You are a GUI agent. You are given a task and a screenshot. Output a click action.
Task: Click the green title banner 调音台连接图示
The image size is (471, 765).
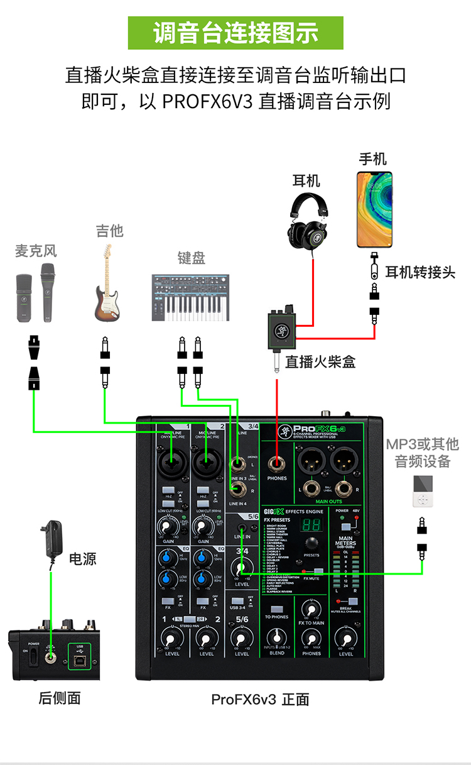pyautogui.click(x=235, y=33)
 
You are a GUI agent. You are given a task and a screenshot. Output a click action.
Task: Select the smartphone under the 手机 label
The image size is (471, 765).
pyautogui.click(x=374, y=209)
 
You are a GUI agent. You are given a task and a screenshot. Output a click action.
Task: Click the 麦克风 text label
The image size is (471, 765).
pyautogui.click(x=36, y=251)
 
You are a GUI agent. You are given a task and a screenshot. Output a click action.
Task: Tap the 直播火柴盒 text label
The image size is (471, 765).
pyautogui.click(x=320, y=362)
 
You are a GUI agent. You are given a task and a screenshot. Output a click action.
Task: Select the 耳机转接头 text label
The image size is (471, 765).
pyautogui.click(x=420, y=272)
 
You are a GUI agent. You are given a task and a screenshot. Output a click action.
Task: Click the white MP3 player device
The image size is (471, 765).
pyautogui.click(x=422, y=492)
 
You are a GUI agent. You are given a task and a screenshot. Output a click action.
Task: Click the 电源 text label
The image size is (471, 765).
pyautogui.click(x=83, y=558)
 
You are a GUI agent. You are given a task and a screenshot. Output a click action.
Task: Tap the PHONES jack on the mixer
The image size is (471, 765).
pyautogui.click(x=276, y=465)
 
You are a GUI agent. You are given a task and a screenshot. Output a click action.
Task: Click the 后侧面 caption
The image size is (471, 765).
pyautogui.click(x=59, y=698)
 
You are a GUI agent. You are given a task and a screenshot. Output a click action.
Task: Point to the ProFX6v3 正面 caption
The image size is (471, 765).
pyautogui.click(x=260, y=700)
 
